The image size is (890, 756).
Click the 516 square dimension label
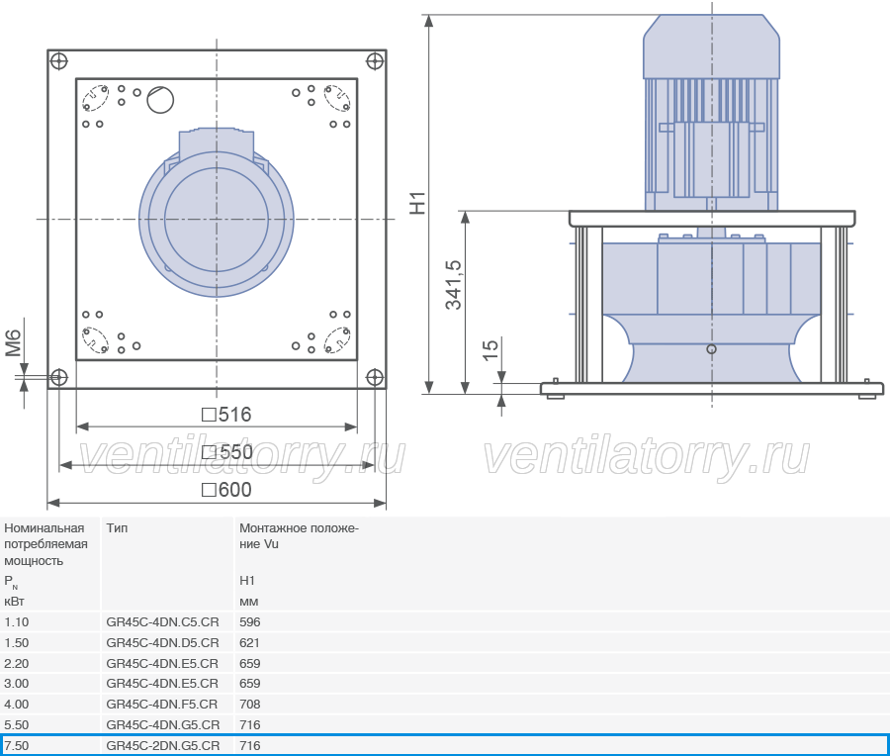coord(226,415)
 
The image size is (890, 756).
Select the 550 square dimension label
coord(227,452)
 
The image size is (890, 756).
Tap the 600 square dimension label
coord(226,490)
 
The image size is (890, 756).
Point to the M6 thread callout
coord(13,343)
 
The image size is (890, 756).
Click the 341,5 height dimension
coord(454,285)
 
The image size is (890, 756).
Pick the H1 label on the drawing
coord(417,203)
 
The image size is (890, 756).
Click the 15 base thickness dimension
coord(489,350)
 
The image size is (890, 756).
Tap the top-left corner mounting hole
coord(59,60)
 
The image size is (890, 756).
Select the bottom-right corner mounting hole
coord(375,377)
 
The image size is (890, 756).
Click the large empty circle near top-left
coord(160,100)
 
